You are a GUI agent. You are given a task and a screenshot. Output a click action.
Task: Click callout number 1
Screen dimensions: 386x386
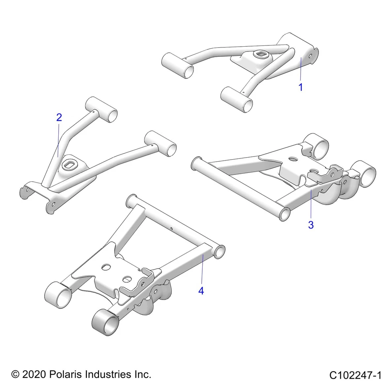pyautogui.click(x=300, y=87)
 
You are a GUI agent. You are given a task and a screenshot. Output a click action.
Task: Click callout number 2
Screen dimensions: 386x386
pyautogui.click(x=59, y=117)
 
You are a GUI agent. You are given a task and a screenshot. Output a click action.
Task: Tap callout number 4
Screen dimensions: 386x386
pyautogui.click(x=201, y=291)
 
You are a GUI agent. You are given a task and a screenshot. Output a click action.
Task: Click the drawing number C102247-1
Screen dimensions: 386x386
pyautogui.click(x=355, y=376)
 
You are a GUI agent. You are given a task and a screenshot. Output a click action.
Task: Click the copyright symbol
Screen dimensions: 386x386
pyautogui.click(x=15, y=375)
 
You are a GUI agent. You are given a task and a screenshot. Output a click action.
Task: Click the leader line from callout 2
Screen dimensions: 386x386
pyautogui.click(x=59, y=139)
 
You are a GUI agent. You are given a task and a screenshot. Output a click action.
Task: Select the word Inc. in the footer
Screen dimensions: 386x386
pyautogui.click(x=142, y=375)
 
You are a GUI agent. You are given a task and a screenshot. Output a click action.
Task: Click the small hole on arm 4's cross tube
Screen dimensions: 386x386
pyautogui.click(x=172, y=228)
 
